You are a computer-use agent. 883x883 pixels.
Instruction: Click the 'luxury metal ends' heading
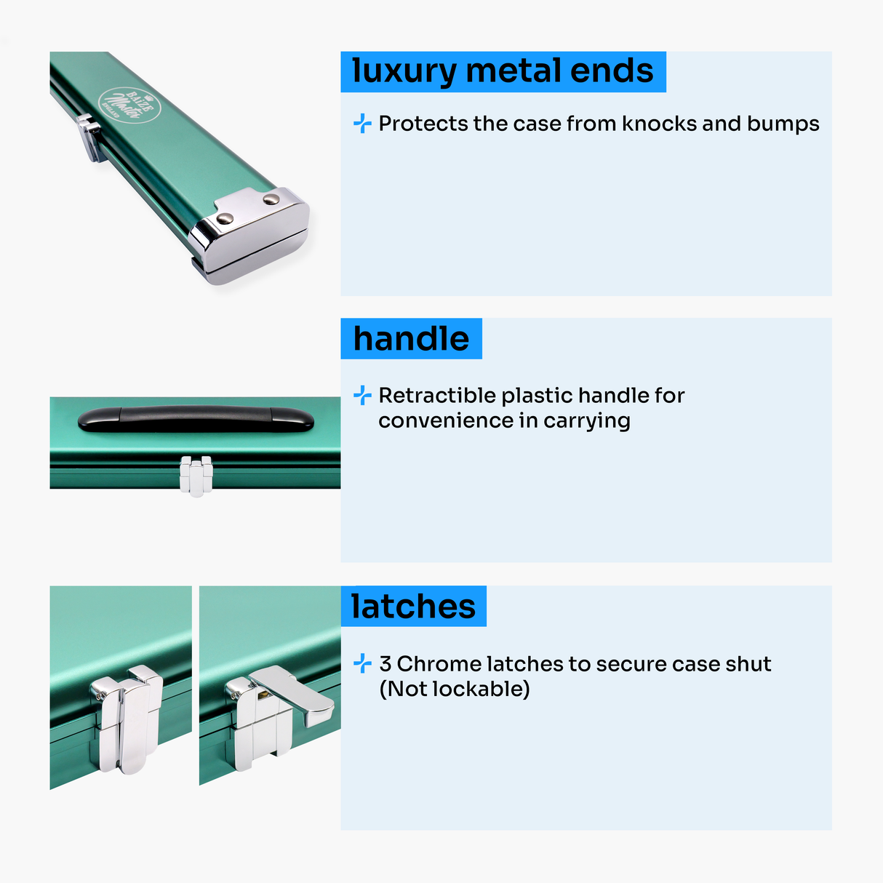pos(503,71)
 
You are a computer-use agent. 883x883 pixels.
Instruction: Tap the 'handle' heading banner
pos(411,339)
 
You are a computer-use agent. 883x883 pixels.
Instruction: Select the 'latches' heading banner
pos(413,606)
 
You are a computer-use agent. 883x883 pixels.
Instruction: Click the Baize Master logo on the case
pos(129,105)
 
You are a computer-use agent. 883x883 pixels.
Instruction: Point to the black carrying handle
pos(196,418)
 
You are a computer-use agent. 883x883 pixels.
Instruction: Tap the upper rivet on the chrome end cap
pos(271,199)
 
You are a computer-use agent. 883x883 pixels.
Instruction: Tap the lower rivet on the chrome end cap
pos(225,219)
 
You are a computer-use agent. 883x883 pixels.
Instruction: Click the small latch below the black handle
pos(196,476)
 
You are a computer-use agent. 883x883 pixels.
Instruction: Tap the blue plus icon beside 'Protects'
pos(362,123)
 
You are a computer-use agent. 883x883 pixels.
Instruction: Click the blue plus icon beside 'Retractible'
pos(362,396)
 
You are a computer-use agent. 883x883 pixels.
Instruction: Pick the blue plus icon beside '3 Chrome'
pos(362,663)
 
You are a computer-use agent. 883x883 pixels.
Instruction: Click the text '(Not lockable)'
pos(455,689)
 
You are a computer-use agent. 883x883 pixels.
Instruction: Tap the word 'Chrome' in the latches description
pos(439,663)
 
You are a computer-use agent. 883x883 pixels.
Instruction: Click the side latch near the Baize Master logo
pos(91,137)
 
